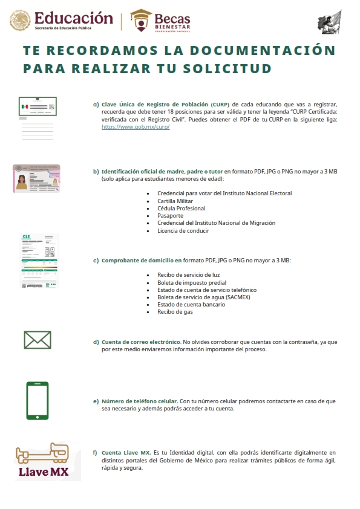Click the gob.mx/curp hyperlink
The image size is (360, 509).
coord(135,128)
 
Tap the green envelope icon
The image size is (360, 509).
coord(38,340)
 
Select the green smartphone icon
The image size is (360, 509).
coord(38,401)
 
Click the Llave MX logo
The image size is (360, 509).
coord(42,461)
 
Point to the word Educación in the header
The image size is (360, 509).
coord(73,18)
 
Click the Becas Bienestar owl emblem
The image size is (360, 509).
coord(141,20)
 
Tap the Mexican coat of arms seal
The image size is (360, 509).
coord(20,20)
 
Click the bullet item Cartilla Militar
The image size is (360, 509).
coord(180,201)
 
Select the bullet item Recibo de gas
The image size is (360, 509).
coord(174,312)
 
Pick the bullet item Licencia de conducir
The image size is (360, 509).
coord(183,230)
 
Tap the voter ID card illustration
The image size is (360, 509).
coord(36,178)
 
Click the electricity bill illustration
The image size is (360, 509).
coord(40,261)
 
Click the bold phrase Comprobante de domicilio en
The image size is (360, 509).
coord(142,260)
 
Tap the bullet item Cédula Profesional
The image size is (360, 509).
coord(181,208)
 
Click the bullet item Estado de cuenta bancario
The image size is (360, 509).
coord(191,305)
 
